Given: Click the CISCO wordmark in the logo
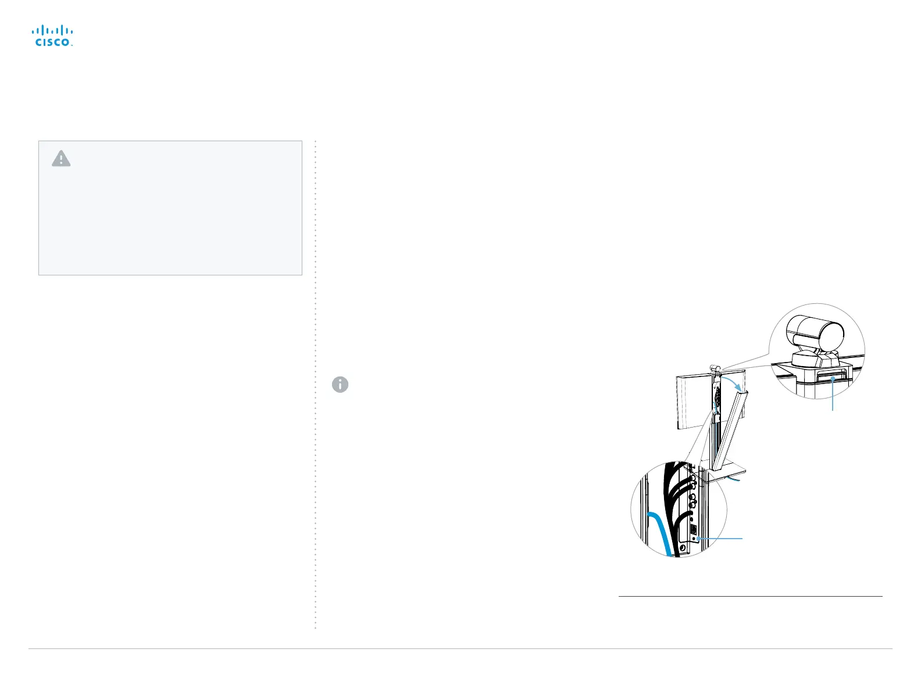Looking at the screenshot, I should (x=52, y=42).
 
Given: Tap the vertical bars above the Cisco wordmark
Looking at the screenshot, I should (x=52, y=30).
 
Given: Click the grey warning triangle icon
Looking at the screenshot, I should (x=61, y=159).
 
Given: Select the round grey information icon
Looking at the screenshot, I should (x=340, y=385).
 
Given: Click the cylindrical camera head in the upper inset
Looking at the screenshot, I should (x=815, y=331).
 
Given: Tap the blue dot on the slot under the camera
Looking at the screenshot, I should (x=833, y=378).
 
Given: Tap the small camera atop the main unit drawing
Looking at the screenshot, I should (x=716, y=368).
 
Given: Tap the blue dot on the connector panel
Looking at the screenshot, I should (x=694, y=539).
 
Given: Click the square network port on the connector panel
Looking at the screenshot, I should (x=693, y=529).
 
